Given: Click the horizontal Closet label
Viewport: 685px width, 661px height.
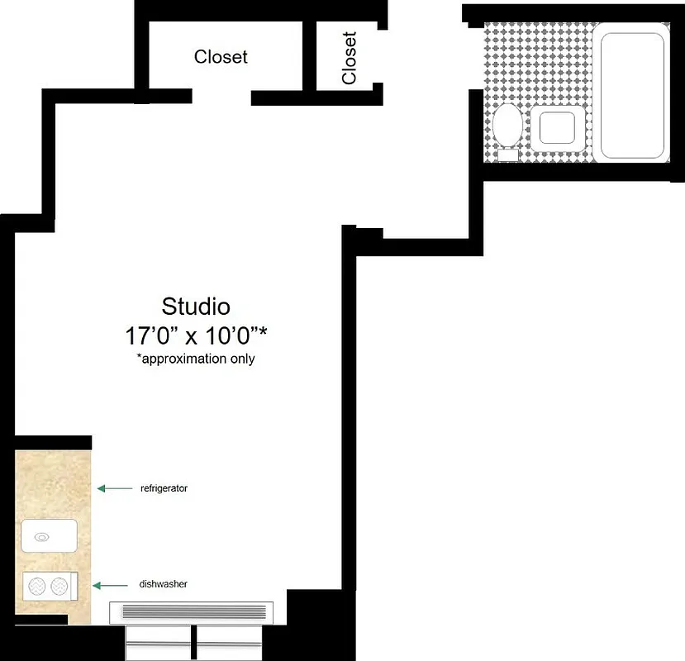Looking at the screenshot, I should click(x=221, y=57).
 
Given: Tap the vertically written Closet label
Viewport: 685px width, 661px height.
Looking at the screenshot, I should click(x=350, y=58).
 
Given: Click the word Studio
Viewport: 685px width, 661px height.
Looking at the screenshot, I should click(x=196, y=307).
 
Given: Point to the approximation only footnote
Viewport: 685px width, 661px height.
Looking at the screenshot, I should click(x=196, y=359).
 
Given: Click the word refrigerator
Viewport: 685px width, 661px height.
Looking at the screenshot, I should click(x=164, y=488).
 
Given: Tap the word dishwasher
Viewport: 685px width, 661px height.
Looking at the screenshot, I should click(x=164, y=584).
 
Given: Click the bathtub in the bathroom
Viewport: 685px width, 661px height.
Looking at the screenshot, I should click(x=632, y=95).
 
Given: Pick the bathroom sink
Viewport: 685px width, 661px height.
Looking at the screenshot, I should click(x=559, y=129).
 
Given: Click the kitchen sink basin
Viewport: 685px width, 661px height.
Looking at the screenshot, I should click(x=49, y=536).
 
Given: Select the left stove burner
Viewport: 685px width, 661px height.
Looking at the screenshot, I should click(x=37, y=587).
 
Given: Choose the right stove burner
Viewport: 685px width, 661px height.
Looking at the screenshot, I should click(x=59, y=587).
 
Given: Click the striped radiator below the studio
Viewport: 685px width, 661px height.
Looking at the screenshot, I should click(x=196, y=612).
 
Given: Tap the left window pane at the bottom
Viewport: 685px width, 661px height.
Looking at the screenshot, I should click(x=158, y=641).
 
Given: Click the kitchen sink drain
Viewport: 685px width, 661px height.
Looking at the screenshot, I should click(x=40, y=537).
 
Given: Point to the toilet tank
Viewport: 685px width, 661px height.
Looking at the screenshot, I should click(x=507, y=154).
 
